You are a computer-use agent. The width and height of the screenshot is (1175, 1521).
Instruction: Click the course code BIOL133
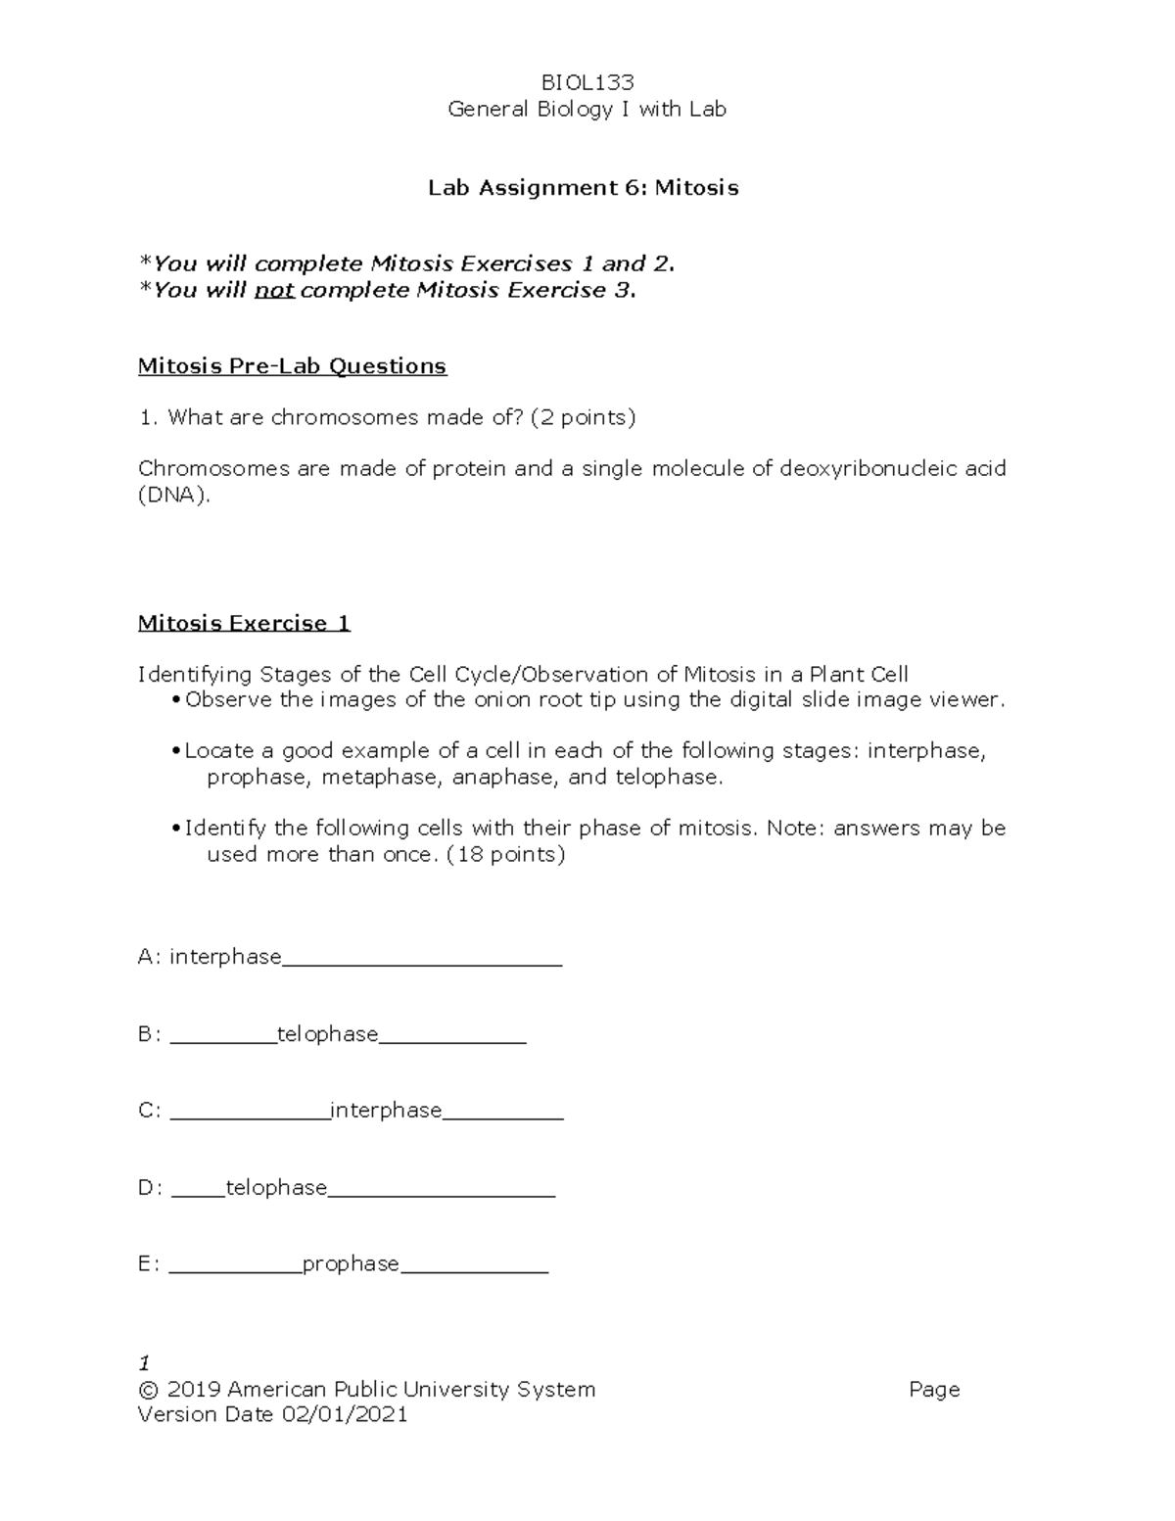tap(587, 82)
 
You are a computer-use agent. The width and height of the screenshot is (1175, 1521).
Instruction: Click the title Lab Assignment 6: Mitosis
tap(583, 188)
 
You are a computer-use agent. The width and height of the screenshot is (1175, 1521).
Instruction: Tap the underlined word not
tap(274, 291)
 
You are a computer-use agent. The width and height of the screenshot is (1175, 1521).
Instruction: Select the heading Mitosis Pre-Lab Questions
tap(292, 366)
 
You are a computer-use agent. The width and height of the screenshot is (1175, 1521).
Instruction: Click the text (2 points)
tap(583, 418)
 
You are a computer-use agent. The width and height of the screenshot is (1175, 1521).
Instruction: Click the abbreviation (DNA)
tap(173, 496)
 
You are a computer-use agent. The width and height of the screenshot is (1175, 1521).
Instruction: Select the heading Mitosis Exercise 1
tap(244, 624)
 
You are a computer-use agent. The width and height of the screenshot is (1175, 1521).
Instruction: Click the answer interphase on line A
tap(225, 957)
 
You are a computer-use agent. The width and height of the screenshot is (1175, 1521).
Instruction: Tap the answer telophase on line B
tap(327, 1034)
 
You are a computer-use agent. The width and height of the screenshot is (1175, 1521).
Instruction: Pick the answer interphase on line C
tap(386, 1111)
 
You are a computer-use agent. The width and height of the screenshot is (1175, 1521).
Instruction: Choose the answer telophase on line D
tap(276, 1188)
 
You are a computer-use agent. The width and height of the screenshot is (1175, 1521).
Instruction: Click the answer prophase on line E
tap(351, 1264)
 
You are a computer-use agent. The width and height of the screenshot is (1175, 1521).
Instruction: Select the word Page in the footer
tap(933, 1390)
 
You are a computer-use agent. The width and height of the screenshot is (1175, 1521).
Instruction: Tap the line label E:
tap(149, 1264)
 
